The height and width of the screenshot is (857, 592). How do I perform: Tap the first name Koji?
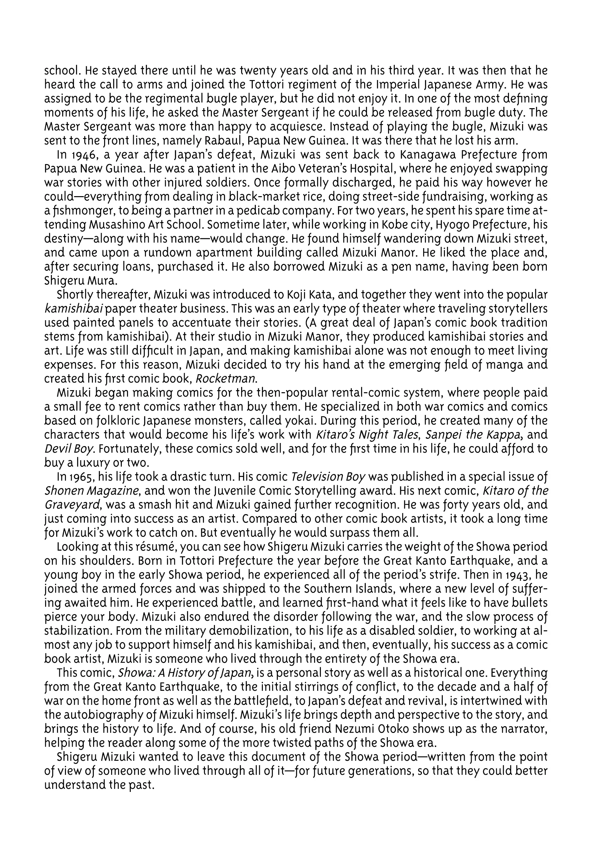(296, 295)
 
